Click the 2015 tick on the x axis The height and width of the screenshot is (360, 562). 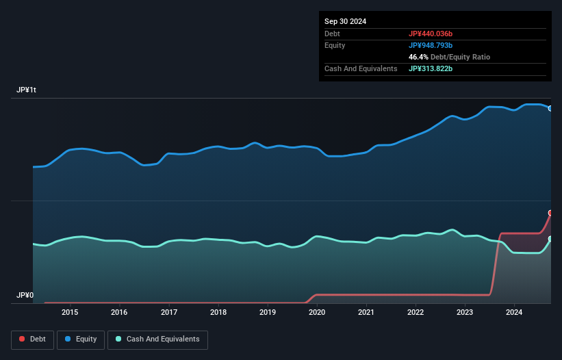click(x=70, y=313)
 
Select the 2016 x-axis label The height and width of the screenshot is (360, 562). click(x=119, y=313)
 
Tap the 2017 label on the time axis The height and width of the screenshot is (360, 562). click(x=169, y=313)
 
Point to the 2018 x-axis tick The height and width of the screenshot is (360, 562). click(x=218, y=313)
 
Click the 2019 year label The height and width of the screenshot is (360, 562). click(x=268, y=313)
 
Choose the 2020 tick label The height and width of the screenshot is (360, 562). click(x=317, y=313)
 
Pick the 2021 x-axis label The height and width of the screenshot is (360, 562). click(x=366, y=313)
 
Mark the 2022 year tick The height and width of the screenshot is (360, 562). click(x=416, y=313)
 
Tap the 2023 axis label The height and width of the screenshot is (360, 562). click(x=465, y=313)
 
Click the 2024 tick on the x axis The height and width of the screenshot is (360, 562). click(x=515, y=313)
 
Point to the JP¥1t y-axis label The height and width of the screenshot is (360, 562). click(x=26, y=90)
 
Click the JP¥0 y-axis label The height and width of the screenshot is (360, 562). click(x=25, y=296)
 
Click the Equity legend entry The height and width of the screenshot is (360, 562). click(x=80, y=339)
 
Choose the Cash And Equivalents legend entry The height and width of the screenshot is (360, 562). click(x=157, y=339)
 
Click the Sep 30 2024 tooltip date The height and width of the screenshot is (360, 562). click(x=345, y=21)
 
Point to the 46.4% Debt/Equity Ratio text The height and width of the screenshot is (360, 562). click(x=449, y=57)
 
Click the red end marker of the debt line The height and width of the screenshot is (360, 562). click(x=550, y=213)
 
